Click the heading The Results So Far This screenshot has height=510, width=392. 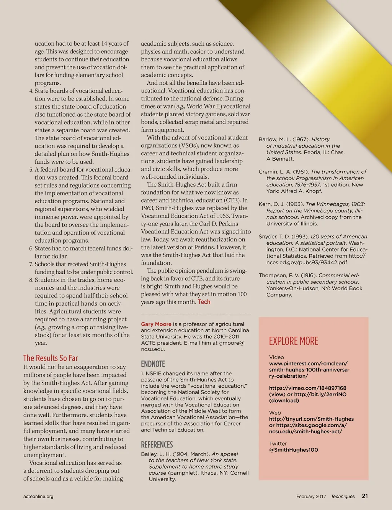51,358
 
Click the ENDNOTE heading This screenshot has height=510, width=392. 153,364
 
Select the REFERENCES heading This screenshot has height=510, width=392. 157,445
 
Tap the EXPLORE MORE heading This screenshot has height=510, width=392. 294,341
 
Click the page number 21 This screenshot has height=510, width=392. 365,496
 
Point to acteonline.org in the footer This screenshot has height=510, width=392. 38,496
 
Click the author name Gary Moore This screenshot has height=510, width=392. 156,324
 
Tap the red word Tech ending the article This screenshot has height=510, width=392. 204,302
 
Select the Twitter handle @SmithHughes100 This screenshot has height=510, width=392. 293,450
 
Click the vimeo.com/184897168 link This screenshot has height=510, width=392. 307,388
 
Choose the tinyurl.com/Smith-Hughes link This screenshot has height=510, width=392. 311,419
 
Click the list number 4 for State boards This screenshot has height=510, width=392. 31,91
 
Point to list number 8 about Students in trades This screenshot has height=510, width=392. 31,280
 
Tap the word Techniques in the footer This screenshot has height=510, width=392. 343,496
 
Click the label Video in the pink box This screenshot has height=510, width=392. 276,357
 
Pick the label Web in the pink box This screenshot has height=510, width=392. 275,413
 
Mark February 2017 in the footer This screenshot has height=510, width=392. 311,496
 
